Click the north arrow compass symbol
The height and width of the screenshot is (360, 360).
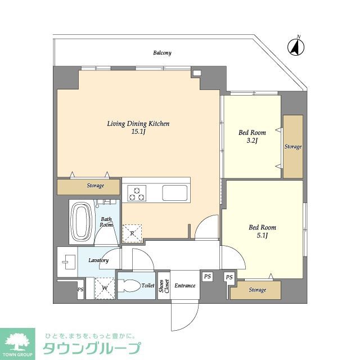(295, 47)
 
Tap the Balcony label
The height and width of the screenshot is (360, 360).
(162, 53)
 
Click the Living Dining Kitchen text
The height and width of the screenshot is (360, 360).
(138, 124)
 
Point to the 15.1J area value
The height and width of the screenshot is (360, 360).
(138, 132)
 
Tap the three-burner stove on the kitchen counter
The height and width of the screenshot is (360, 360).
(137, 193)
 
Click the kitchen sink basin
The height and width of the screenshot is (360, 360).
(175, 193)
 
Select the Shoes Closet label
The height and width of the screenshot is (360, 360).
(163, 286)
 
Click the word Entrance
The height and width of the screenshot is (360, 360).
(184, 286)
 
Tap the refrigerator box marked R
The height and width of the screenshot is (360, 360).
(133, 232)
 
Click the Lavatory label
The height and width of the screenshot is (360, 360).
(98, 260)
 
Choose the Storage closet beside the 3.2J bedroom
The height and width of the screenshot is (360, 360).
(292, 146)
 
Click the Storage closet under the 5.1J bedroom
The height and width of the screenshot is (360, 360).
(256, 290)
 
